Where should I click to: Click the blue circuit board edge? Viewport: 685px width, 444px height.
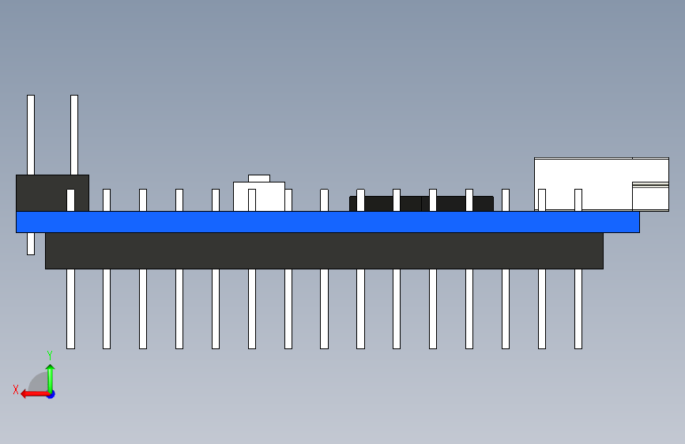coord(327,221)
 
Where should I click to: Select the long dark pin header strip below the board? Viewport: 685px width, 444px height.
coord(324,250)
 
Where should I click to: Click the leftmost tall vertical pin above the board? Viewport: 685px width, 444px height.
coord(31,134)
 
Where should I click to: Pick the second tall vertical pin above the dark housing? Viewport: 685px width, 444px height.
coord(74,134)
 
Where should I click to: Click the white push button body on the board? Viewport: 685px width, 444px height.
coord(258,197)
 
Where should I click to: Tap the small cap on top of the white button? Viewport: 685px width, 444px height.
coord(259,179)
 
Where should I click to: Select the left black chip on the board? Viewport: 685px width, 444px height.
coord(386,204)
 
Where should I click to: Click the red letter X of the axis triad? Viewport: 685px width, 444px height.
coord(16,389)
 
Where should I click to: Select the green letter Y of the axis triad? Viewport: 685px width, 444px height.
coord(50,356)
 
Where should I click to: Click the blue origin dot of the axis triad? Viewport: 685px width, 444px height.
coord(51,393)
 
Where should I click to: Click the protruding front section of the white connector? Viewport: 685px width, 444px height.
coord(651,197)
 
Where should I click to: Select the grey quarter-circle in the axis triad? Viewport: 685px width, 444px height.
coord(39,384)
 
